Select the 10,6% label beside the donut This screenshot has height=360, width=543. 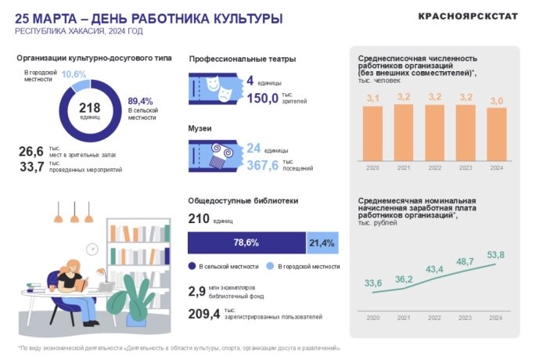74,74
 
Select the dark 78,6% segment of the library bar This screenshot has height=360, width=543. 246,243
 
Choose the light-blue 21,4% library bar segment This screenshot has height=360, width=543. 322,243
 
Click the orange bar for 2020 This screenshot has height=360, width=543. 372,132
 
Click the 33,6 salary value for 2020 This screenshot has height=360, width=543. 373,283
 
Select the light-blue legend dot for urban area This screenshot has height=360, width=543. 269,267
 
